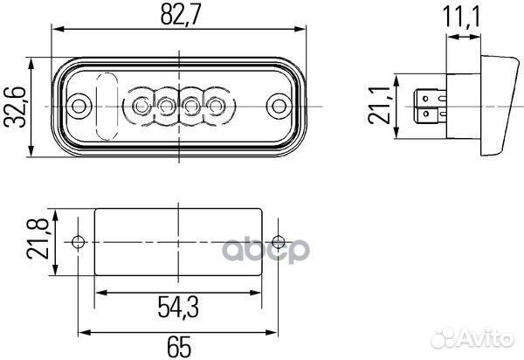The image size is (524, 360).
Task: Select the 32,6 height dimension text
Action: click(x=15, y=107)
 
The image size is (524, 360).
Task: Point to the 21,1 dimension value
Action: click(x=381, y=107)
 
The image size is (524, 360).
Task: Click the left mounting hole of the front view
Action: click(x=79, y=107)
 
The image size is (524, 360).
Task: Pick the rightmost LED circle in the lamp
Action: click(x=215, y=107)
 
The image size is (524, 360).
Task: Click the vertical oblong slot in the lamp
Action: click(x=107, y=107)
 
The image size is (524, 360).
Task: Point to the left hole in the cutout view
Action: click(x=79, y=242)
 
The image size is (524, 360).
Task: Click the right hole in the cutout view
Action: click(x=278, y=242)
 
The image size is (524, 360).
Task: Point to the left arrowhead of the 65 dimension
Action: click(x=84, y=332)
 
